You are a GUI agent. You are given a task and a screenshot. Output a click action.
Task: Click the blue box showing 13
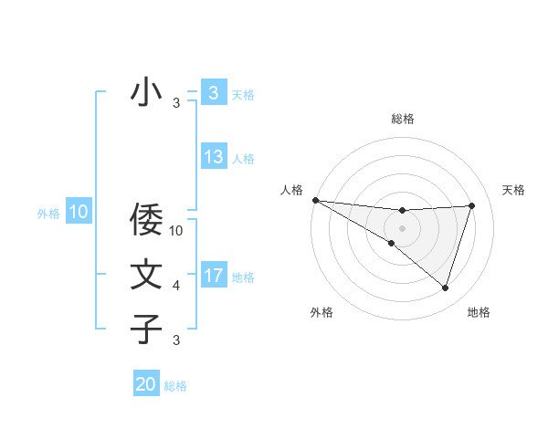(214, 157)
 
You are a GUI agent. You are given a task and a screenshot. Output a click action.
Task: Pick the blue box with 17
(214, 276)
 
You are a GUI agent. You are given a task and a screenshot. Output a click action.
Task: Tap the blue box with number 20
(146, 384)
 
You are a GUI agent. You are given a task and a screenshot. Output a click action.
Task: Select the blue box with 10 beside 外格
(79, 213)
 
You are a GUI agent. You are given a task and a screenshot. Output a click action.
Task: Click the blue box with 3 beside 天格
(214, 93)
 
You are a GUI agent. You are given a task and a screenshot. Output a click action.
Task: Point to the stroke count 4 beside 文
(176, 286)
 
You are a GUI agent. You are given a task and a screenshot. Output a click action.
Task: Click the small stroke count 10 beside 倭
(177, 231)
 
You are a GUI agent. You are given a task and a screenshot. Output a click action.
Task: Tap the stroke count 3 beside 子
(176, 340)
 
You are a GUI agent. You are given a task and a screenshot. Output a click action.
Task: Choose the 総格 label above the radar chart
(402, 119)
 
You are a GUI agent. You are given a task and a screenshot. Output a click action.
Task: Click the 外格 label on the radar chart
(321, 312)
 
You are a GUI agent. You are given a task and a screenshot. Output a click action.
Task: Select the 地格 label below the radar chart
(479, 312)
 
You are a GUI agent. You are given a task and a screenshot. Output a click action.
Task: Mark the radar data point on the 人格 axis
(315, 200)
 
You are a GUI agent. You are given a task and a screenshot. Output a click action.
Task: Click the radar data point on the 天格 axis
(471, 205)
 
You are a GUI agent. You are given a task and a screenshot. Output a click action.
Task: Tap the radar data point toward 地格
(445, 288)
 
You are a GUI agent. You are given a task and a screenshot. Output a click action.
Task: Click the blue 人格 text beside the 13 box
(243, 159)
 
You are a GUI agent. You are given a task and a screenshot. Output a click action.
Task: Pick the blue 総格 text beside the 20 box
(175, 386)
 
